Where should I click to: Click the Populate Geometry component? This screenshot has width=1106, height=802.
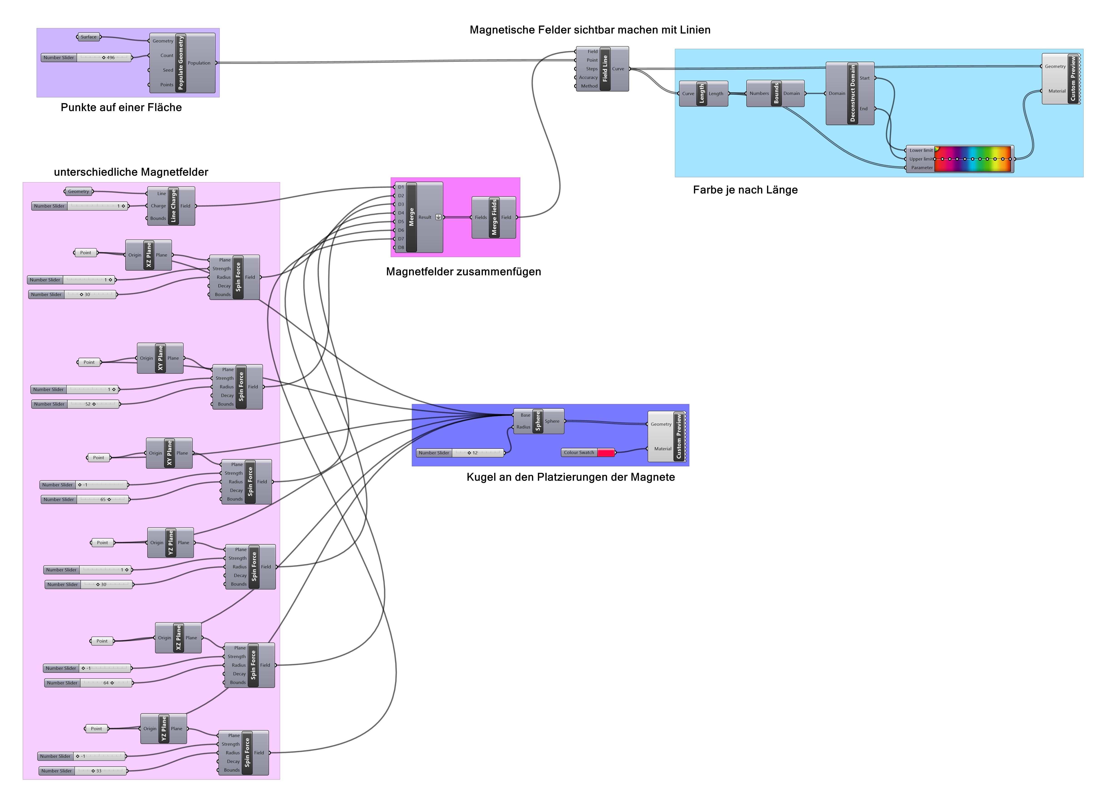click(x=181, y=63)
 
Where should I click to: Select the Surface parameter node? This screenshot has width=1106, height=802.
click(x=88, y=37)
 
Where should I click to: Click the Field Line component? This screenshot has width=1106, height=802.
click(x=605, y=69)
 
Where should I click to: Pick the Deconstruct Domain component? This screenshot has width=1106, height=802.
click(x=852, y=93)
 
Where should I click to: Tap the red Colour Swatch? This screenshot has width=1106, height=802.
click(x=606, y=453)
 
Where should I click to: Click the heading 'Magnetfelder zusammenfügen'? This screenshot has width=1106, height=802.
click(x=463, y=272)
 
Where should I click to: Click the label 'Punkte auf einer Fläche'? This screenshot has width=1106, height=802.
click(x=121, y=107)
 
